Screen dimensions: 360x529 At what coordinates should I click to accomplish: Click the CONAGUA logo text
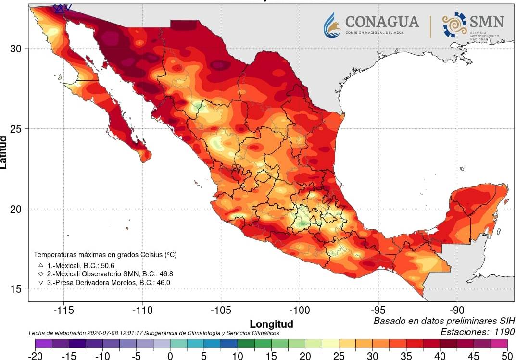pos(382,22)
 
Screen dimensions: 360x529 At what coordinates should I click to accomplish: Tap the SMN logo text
pos(487,22)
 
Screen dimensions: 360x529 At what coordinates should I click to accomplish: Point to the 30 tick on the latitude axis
pos(17,49)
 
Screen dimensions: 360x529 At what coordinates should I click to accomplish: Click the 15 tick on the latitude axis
pos(17,289)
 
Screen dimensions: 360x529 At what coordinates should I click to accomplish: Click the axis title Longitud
pos(271,323)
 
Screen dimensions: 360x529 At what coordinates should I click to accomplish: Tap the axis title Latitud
pos(4,152)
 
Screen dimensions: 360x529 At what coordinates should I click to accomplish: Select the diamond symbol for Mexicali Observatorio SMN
pos(41,274)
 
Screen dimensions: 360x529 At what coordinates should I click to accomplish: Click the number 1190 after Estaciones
pos(503,332)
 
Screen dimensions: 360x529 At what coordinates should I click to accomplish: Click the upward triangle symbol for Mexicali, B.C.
pos(41,265)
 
